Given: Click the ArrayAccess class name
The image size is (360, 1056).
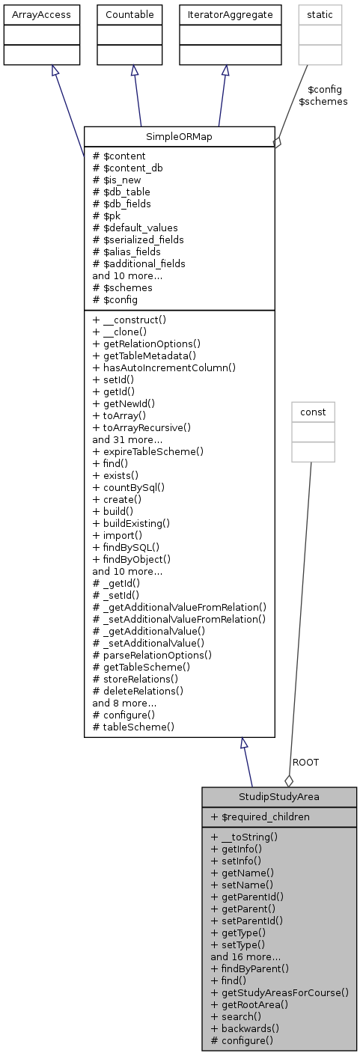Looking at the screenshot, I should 41,13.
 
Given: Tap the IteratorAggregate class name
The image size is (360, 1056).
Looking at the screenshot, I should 226,13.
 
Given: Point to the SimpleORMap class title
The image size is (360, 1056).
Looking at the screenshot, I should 179,136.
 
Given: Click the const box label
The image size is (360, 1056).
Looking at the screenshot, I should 313,412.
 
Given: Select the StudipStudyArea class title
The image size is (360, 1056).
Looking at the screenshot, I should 278,796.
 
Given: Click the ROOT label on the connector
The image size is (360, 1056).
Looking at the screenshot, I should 305,762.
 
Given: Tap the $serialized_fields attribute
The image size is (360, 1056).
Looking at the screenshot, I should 137,239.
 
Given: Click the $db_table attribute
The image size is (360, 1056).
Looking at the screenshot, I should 121,192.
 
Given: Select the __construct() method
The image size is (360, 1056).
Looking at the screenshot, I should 129,320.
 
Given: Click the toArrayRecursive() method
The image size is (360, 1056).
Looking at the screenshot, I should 141,427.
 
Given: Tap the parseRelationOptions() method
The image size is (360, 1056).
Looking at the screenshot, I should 152,655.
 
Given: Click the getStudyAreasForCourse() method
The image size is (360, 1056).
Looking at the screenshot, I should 280,992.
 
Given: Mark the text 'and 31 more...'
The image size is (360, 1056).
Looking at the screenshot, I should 125,439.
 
